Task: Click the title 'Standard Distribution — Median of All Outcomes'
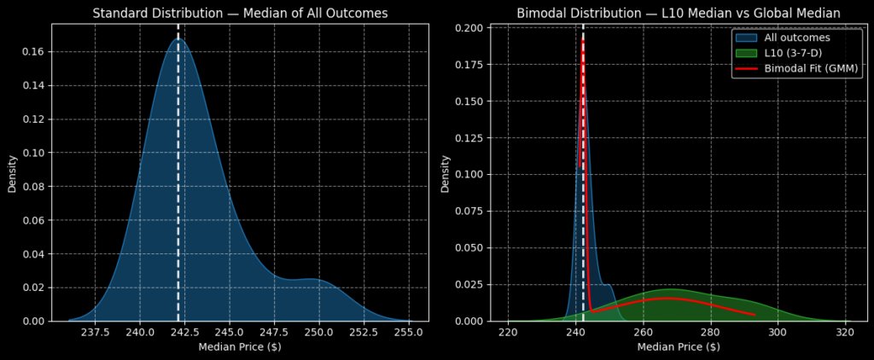[x=240, y=13]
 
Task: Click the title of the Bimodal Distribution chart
[x=679, y=13]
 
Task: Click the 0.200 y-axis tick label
[x=468, y=28]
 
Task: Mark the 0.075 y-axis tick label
[x=468, y=212]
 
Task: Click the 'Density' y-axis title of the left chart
[x=13, y=172]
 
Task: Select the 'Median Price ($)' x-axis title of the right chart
[x=679, y=347]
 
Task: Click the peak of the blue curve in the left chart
[x=178, y=38]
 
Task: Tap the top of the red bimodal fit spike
[x=582, y=39]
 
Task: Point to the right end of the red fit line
[x=755, y=315]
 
